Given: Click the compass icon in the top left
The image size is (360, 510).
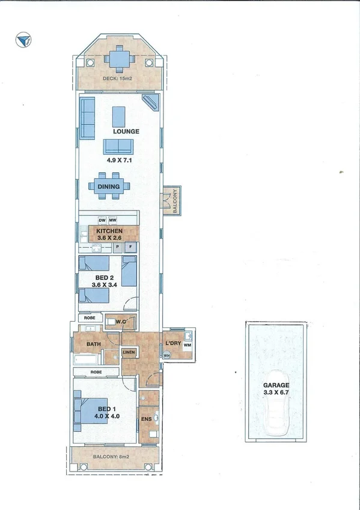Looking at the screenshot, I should (x=24, y=40).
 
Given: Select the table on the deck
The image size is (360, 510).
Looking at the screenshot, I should (x=118, y=59).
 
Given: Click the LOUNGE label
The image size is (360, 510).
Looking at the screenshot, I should (x=126, y=131).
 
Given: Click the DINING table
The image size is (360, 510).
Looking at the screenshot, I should (x=109, y=186).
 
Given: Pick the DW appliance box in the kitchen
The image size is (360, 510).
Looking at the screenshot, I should (x=102, y=221).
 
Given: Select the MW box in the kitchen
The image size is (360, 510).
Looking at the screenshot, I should (x=112, y=221).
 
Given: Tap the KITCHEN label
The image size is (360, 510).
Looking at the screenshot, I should (x=109, y=231).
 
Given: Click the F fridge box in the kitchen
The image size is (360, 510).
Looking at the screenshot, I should (x=130, y=247).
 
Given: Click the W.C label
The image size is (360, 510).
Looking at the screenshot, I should (x=120, y=321).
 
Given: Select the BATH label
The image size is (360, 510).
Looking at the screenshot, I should (x=93, y=344).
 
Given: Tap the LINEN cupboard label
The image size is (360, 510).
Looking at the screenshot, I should (x=129, y=351).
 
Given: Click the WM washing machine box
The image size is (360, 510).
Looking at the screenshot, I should (x=187, y=346).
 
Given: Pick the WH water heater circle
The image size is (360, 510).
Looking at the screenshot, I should (x=166, y=355).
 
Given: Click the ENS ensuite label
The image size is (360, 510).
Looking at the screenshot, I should (x=146, y=419).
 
